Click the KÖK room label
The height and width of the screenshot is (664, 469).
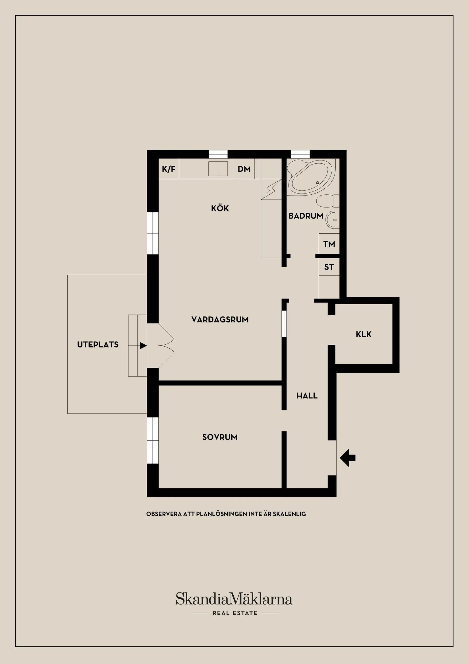[x=220, y=208]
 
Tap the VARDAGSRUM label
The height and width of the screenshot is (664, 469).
[x=220, y=320]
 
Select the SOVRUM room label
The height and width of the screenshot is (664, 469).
[x=220, y=437]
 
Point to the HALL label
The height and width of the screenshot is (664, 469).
[x=307, y=396]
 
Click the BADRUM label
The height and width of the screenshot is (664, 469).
[x=306, y=216]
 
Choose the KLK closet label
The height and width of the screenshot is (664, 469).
[x=364, y=335]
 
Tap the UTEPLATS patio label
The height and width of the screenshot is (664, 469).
[x=97, y=344]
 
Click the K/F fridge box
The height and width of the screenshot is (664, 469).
[x=169, y=169]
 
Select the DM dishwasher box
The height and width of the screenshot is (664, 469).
[x=244, y=169]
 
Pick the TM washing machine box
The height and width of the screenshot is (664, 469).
[x=329, y=244]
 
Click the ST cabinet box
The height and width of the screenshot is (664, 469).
[x=329, y=267]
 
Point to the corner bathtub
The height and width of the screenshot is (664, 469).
[x=310, y=177]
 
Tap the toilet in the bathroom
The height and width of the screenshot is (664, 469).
[x=328, y=201]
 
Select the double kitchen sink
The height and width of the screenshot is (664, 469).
[x=218, y=169]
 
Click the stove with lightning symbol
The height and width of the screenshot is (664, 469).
[x=271, y=190]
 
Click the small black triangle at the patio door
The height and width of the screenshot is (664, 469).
[x=143, y=346]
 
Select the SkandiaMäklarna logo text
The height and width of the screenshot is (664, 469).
[x=234, y=599]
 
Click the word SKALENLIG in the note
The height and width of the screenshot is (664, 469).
[x=289, y=514]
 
